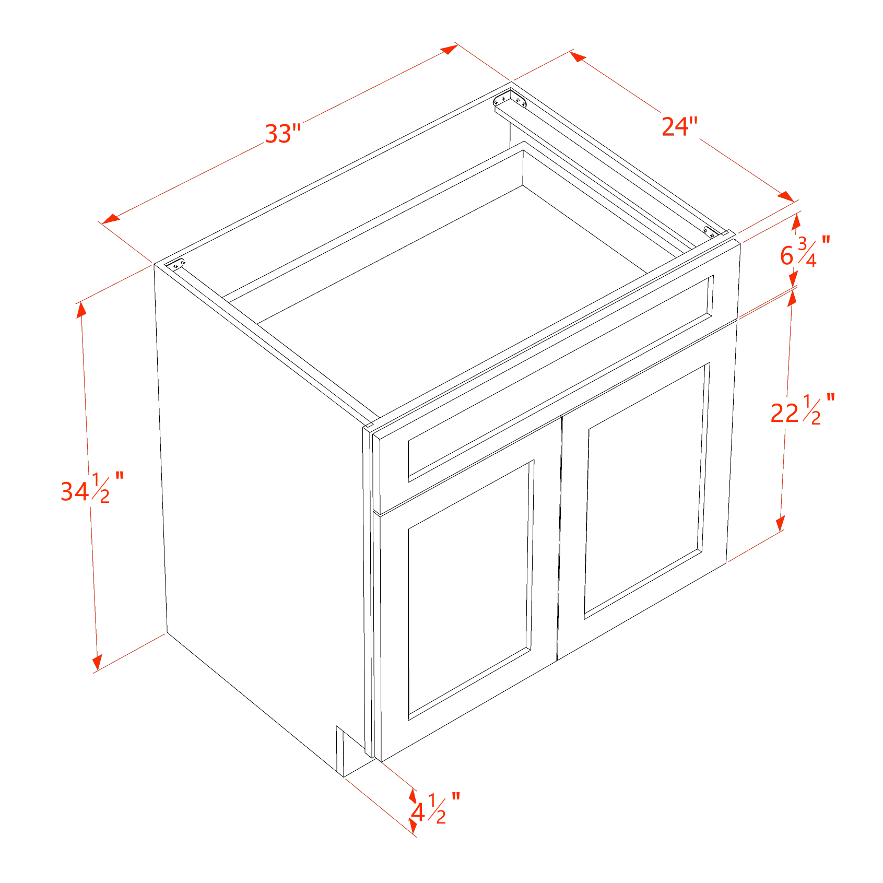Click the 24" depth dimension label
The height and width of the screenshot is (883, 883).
(x=679, y=127)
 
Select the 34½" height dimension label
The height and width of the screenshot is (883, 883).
(x=92, y=488)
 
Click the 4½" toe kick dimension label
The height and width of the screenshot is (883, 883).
(x=433, y=810)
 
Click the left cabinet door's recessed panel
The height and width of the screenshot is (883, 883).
(x=468, y=590)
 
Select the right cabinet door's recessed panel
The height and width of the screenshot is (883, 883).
(x=646, y=491)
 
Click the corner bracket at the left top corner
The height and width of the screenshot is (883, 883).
(x=176, y=265)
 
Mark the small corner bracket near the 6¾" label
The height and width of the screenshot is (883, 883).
(x=711, y=231)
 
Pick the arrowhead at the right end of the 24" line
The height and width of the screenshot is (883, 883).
(x=787, y=197)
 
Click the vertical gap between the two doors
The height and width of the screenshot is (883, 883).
(x=559, y=538)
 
